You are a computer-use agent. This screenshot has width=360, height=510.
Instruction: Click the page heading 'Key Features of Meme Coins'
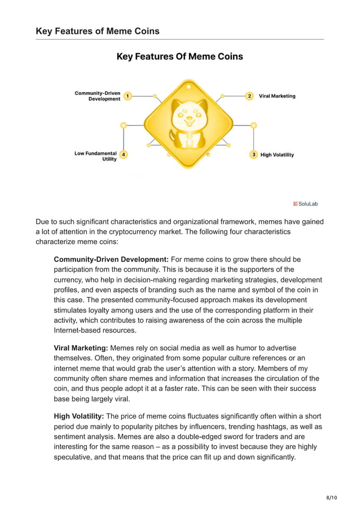tap(97, 31)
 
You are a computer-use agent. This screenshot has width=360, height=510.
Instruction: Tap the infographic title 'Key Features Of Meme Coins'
tap(179, 56)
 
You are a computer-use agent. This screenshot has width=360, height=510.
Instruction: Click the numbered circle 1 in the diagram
tap(128, 97)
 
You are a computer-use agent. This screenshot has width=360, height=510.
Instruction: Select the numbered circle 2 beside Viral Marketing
tap(249, 96)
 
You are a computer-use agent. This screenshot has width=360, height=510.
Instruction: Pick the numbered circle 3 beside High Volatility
tap(254, 154)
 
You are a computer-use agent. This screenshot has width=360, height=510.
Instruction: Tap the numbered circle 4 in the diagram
tap(124, 155)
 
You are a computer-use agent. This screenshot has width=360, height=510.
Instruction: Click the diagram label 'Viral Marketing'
tap(277, 96)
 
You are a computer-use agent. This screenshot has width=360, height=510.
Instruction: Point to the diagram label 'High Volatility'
tap(277, 155)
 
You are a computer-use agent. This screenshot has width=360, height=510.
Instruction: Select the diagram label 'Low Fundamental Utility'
tap(95, 156)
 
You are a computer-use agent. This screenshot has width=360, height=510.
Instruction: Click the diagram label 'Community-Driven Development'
tap(97, 96)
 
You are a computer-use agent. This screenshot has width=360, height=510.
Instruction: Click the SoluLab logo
tap(305, 203)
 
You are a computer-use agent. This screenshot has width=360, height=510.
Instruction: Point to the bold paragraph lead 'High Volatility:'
tap(78, 416)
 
